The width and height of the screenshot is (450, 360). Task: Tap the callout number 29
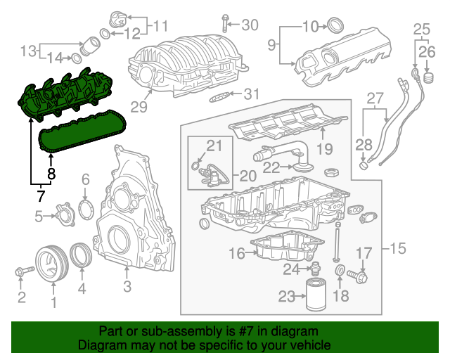click(139, 107)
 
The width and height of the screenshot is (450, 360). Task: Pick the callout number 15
click(398, 248)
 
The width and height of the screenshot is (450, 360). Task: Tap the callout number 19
click(323, 148)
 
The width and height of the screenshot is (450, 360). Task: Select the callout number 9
click(271, 46)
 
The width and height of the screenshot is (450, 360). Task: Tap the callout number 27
click(375, 97)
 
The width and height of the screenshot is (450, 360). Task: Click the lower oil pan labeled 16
click(285, 248)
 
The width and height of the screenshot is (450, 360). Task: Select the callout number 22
click(271, 167)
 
